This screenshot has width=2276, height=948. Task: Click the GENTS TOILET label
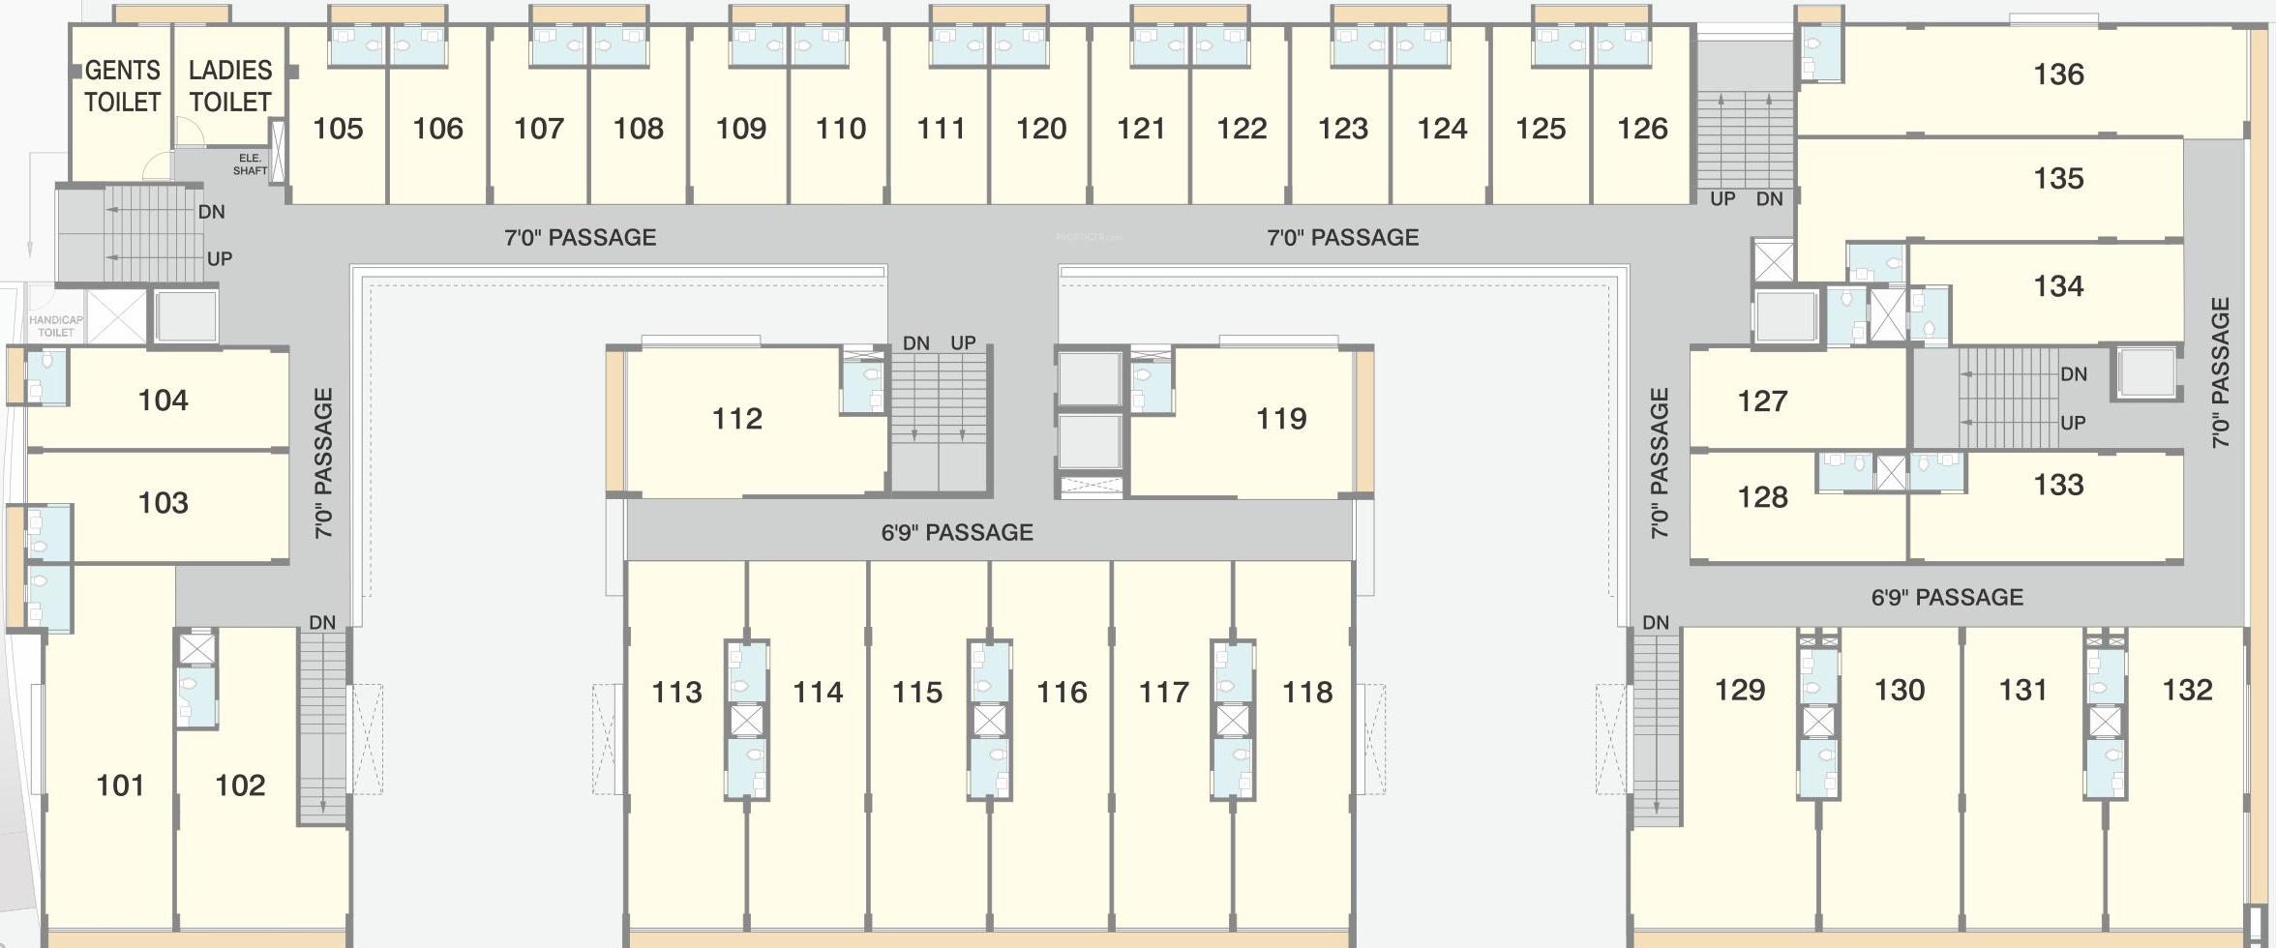coord(122,86)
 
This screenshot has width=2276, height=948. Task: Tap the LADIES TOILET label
coord(229,86)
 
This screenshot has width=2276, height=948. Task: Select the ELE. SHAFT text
coord(250,164)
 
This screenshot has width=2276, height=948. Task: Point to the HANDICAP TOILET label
coord(56,326)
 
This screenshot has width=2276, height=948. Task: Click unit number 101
coord(120,785)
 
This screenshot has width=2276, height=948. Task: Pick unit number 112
coord(737,419)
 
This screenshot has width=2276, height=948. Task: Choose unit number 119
coord(1281,419)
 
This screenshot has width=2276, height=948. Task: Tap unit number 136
coord(2058,74)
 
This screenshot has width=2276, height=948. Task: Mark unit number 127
coord(1762,401)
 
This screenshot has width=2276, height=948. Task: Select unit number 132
coord(2187,690)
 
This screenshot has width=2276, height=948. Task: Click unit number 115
coord(917,693)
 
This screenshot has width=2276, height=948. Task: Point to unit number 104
coord(163,400)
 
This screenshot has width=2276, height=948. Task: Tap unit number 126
coord(1642,129)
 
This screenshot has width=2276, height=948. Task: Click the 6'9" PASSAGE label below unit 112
coord(957,532)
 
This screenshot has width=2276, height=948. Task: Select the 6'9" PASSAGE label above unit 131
coord(1947,597)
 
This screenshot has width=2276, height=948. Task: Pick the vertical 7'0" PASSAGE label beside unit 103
coord(324,462)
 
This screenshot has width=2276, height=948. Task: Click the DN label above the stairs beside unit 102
coord(322,623)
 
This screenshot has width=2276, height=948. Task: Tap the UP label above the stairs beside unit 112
coord(963,343)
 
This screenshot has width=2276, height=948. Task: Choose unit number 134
coord(2058,286)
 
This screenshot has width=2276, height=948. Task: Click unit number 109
coord(740,129)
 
